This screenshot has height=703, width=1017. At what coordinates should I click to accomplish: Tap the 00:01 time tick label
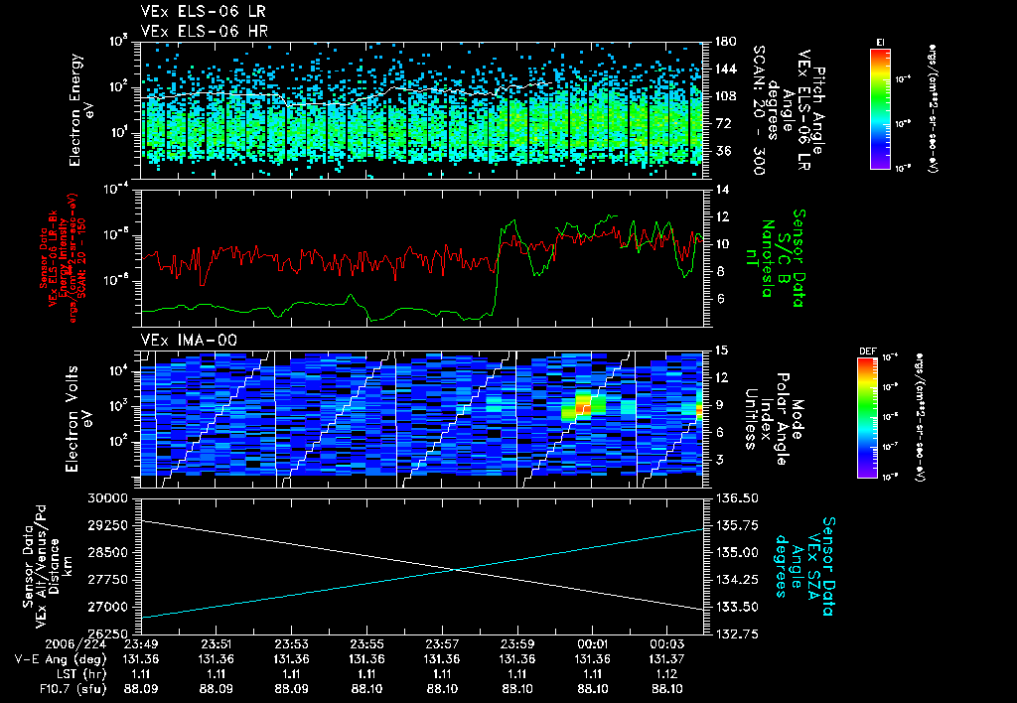click(x=592, y=643)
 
